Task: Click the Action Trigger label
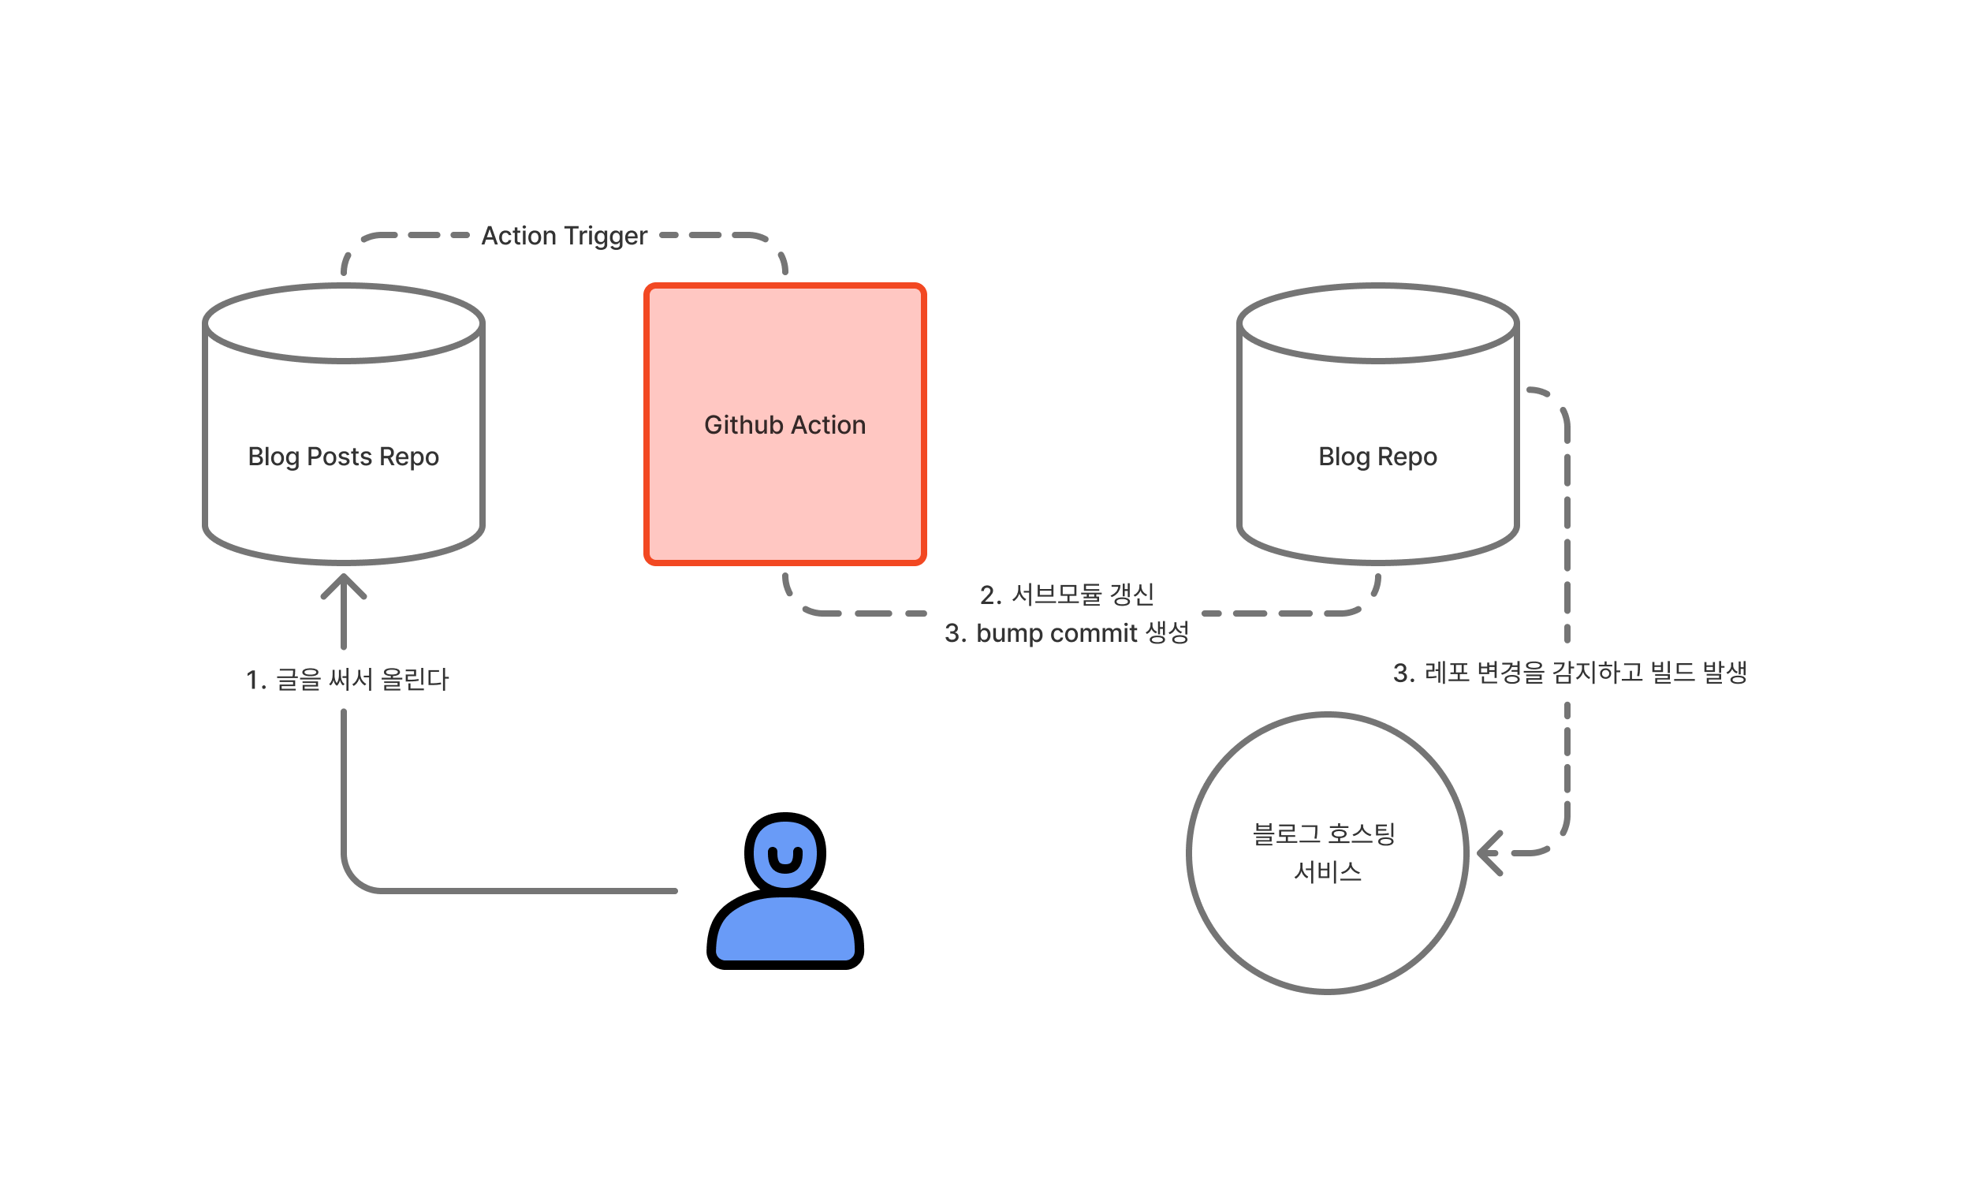coord(565,237)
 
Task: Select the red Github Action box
coord(785,494)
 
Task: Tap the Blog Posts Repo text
coord(344,457)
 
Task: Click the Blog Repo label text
coord(1378,457)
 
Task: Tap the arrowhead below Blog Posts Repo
coord(344,586)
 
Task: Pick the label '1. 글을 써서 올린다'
coord(348,680)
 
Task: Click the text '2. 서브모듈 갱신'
coord(1068,595)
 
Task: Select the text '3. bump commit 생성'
coord(1068,633)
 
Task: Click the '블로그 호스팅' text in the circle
coord(1324,834)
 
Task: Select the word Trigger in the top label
coord(605,237)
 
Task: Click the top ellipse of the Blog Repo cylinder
coord(1378,323)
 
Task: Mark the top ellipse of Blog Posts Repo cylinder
coord(344,323)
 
